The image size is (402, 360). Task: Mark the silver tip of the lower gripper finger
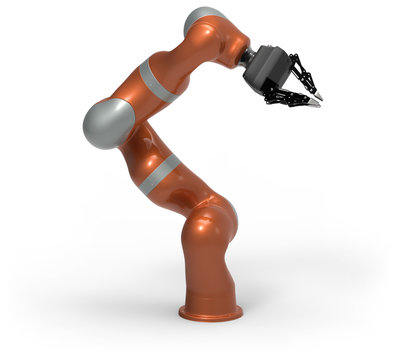(x=315, y=103)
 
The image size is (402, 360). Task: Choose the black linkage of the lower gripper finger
(x=285, y=99)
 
